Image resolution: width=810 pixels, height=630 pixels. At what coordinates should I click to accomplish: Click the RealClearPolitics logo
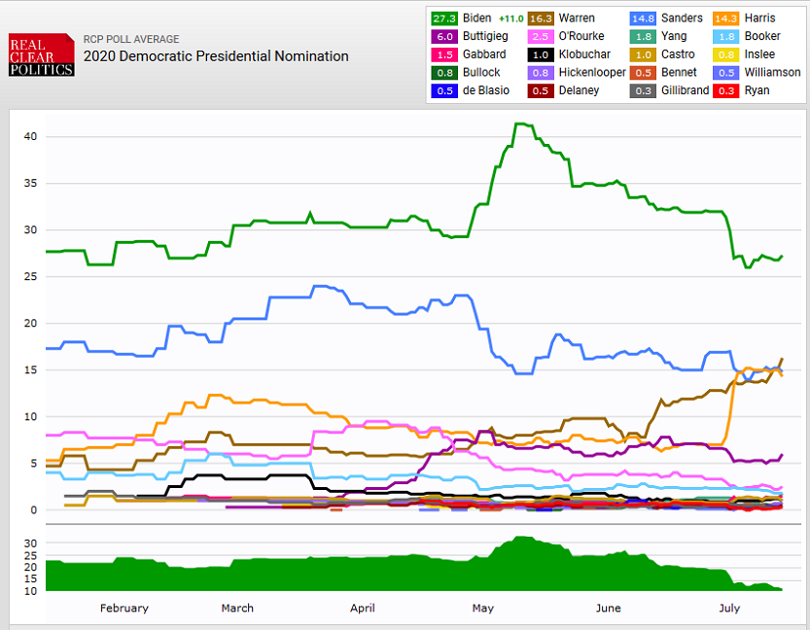pyautogui.click(x=42, y=54)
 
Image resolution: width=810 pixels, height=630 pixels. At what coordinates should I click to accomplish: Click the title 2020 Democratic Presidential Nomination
pyautogui.click(x=216, y=56)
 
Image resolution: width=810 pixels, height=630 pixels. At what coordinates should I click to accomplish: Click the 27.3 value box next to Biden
pyautogui.click(x=445, y=18)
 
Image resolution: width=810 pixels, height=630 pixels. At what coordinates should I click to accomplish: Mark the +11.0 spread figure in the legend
pyautogui.click(x=511, y=18)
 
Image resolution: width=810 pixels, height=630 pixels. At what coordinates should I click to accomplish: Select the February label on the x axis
pyautogui.click(x=124, y=609)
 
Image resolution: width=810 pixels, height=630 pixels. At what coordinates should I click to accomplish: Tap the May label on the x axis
pyautogui.click(x=483, y=609)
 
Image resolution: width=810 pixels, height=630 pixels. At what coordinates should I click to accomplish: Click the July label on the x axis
pyautogui.click(x=728, y=609)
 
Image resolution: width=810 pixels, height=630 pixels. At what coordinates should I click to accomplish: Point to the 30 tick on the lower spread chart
pyautogui.click(x=30, y=542)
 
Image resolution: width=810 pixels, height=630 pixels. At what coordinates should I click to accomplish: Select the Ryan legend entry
pyautogui.click(x=756, y=90)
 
